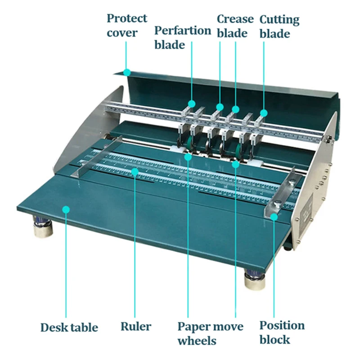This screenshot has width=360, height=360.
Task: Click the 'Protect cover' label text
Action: [x=126, y=25]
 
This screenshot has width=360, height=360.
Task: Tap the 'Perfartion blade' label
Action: [x=182, y=37]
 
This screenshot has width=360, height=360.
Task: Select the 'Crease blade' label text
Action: [x=235, y=26]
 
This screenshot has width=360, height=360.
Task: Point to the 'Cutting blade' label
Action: [x=279, y=26]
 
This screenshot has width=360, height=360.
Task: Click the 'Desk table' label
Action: [x=69, y=327]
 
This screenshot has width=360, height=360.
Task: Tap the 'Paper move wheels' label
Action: [x=210, y=333]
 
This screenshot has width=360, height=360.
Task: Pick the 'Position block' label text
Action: [x=282, y=332]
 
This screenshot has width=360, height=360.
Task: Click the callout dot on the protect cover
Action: [x=127, y=72]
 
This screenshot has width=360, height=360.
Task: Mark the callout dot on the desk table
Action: [x=66, y=209]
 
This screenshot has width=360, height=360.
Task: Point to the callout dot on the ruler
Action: [x=135, y=171]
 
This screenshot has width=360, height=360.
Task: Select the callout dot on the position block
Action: [x=274, y=217]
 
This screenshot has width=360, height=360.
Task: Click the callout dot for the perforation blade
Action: [x=192, y=104]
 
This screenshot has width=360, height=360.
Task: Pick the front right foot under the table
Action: [x=254, y=279]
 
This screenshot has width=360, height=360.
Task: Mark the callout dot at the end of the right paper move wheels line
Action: [x=235, y=164]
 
